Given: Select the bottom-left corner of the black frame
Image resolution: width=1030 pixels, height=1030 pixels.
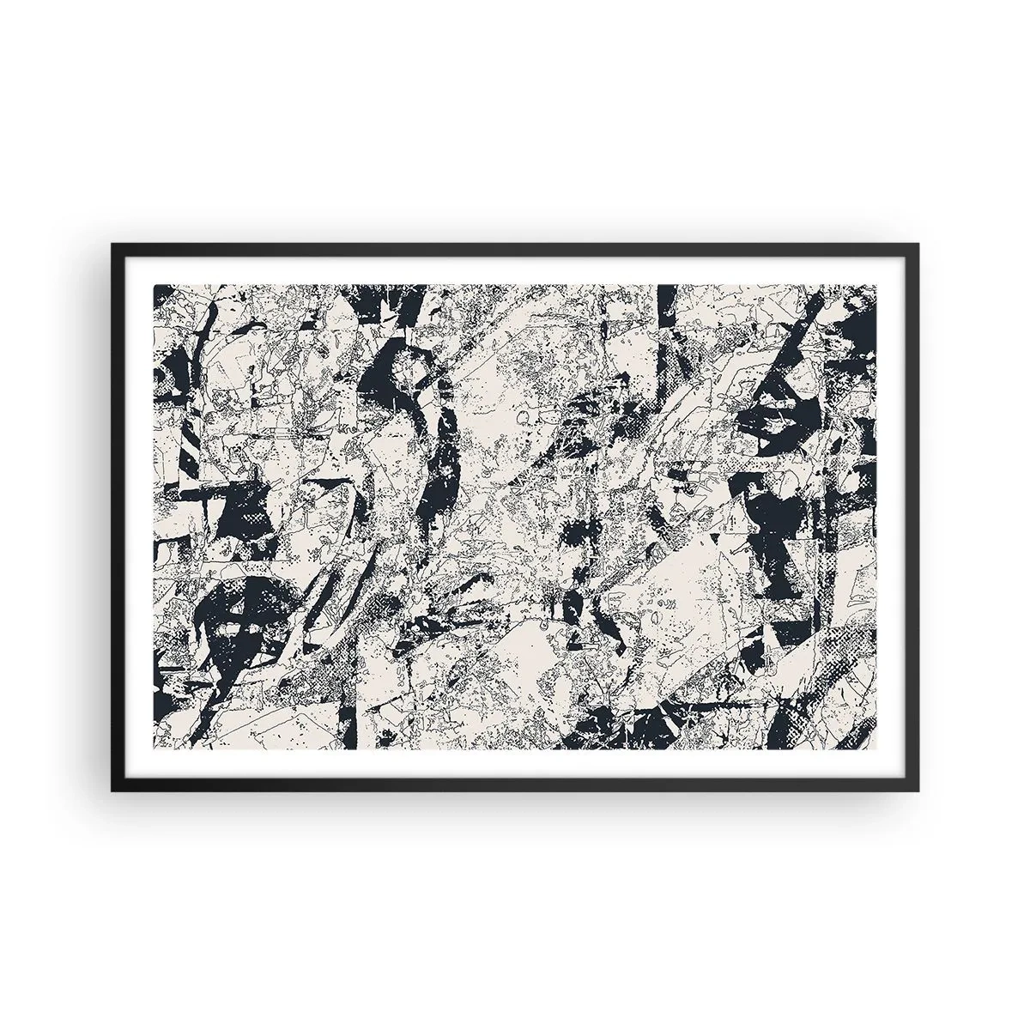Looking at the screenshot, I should [x=112, y=791].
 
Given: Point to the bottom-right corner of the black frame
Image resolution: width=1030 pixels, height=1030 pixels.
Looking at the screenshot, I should [x=918, y=791].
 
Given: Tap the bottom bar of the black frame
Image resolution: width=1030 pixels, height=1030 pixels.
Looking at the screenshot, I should [x=515, y=789].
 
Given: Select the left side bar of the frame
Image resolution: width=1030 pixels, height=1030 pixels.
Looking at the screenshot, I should [x=115, y=515].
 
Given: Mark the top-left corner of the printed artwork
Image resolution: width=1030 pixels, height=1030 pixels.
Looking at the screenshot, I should [x=154, y=284].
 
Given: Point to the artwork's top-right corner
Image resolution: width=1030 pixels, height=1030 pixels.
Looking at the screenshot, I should [x=876, y=284].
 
